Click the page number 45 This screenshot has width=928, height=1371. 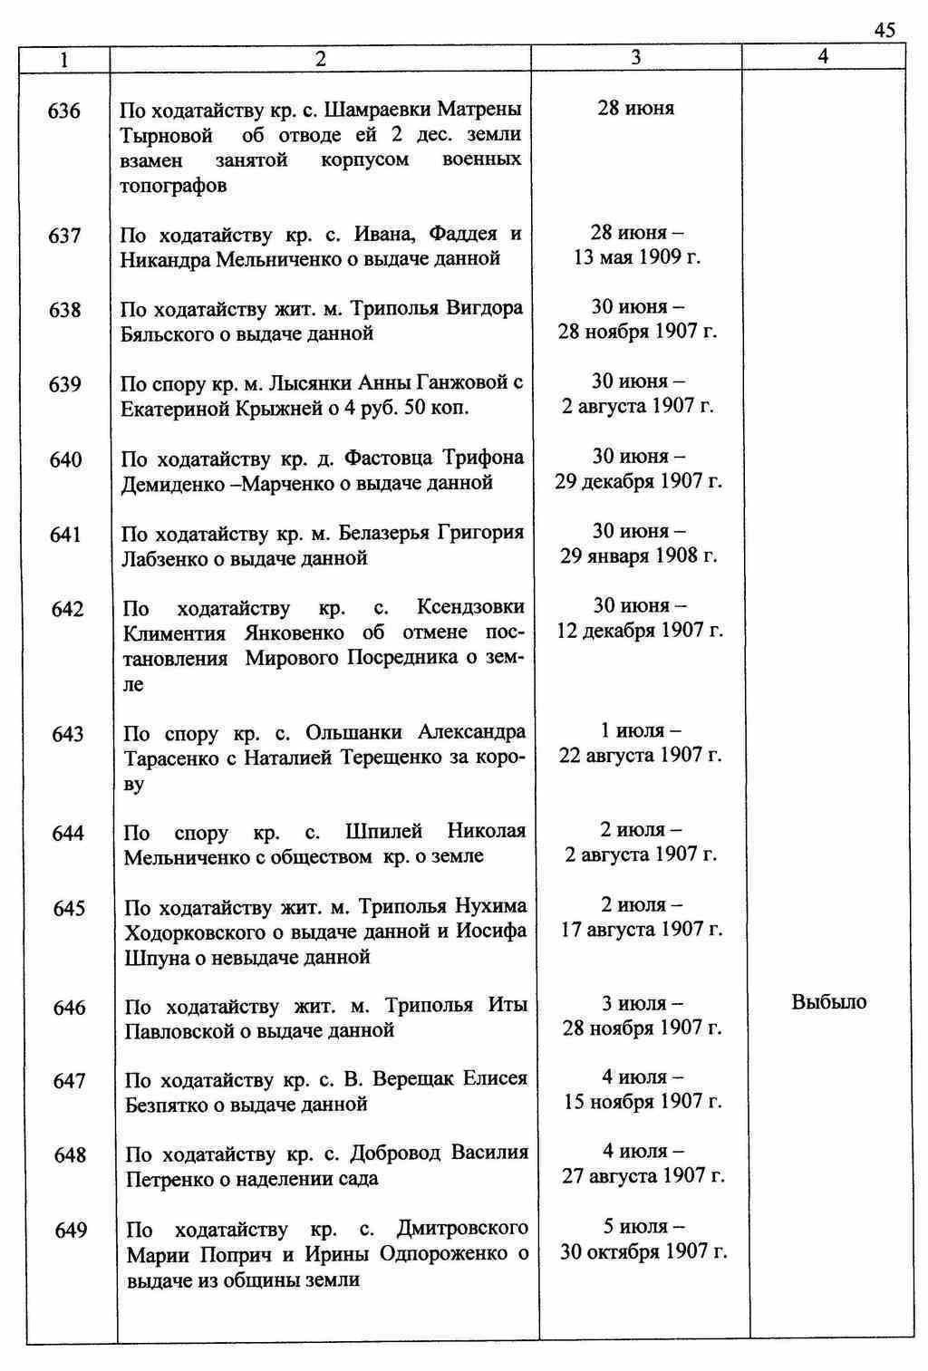[x=884, y=30]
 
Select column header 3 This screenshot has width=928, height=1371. [x=636, y=57]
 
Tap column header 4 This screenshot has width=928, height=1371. [x=823, y=56]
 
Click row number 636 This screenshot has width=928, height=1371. [x=64, y=111]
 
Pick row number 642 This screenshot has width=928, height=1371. [x=68, y=609]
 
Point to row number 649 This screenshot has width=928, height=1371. [x=71, y=1230]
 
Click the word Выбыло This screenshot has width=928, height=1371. [x=828, y=1002]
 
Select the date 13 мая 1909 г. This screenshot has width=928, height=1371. [x=637, y=257]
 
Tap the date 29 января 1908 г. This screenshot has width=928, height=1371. [x=639, y=555]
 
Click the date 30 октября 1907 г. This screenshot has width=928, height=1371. [x=643, y=1251]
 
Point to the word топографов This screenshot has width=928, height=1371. [x=173, y=186]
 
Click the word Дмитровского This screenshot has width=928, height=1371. [x=462, y=1229]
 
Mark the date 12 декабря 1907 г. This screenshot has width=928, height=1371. [x=640, y=630]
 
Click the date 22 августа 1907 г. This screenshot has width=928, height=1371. [x=640, y=755]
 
